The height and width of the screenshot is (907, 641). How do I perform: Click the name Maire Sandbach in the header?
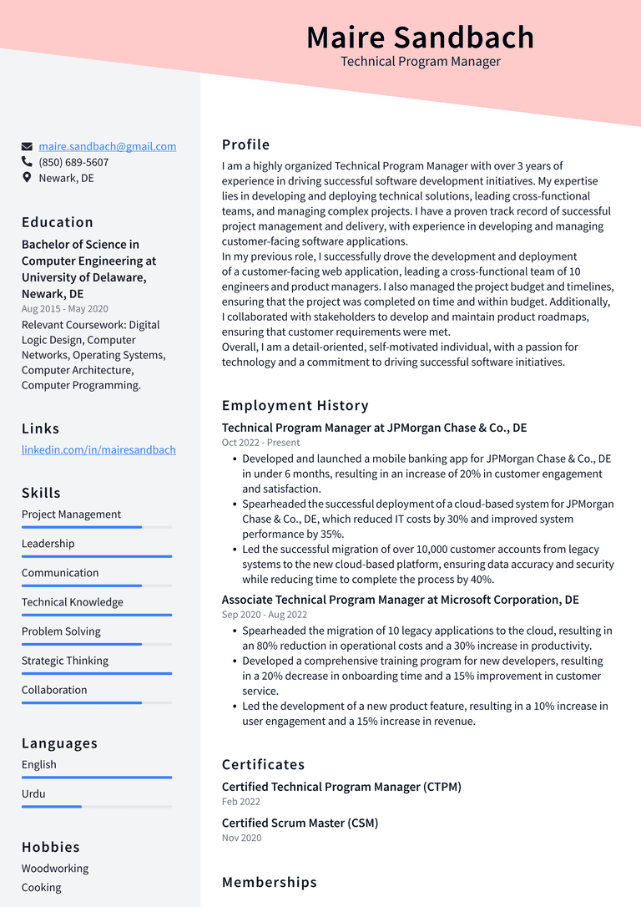coord(420,38)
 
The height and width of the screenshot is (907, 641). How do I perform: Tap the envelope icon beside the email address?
coord(28,147)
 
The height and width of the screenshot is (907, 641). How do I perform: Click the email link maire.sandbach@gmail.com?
coord(108,146)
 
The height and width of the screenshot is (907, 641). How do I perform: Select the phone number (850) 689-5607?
coord(73,162)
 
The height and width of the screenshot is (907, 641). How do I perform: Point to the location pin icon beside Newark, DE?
coord(28,178)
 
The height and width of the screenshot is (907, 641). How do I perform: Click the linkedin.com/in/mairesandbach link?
coord(98,449)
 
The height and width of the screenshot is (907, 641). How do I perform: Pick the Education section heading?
coord(58,222)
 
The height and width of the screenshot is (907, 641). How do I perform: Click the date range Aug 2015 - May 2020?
coord(65,309)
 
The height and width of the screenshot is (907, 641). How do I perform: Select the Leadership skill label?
coord(48,544)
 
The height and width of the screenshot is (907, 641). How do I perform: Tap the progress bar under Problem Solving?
coord(97,644)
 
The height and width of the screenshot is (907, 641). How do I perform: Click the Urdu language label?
coord(33,793)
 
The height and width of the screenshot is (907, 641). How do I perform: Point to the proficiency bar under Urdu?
coord(97,806)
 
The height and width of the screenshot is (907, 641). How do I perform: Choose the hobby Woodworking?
coord(55,869)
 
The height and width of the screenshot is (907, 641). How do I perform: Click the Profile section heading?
coord(245,144)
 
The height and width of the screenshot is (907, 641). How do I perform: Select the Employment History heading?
coord(295,406)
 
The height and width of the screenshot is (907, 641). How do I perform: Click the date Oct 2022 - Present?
coord(260,443)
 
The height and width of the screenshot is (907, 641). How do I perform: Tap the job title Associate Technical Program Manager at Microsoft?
coord(400,600)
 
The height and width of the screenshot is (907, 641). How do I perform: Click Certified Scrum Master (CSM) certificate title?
coord(300,823)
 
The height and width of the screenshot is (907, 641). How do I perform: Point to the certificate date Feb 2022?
coord(241,802)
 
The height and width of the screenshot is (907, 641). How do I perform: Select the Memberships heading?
coord(269,882)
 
